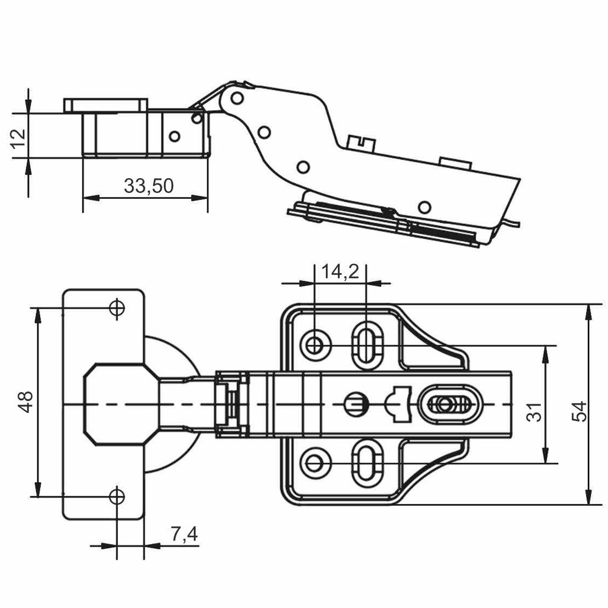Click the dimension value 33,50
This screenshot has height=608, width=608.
[148, 185]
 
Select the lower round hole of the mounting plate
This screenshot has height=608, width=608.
[315, 463]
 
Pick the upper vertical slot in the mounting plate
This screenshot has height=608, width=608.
[366, 345]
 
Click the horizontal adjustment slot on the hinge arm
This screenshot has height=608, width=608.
[449, 403]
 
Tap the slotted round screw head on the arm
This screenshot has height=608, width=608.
[355, 403]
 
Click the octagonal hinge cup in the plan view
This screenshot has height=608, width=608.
[119, 403]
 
